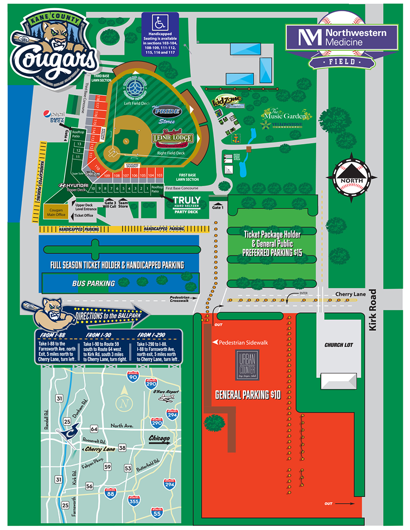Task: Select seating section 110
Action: pyautogui.click(x=97, y=167)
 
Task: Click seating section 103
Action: pyautogui.click(x=159, y=175)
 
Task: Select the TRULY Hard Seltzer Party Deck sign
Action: pyautogui.click(x=186, y=204)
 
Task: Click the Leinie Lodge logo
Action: pyautogui.click(x=172, y=139)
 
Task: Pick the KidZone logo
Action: pyautogui.click(x=227, y=101)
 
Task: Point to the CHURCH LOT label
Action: pyautogui.click(x=339, y=345)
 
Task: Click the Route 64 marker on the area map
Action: pyautogui.click(x=94, y=428)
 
